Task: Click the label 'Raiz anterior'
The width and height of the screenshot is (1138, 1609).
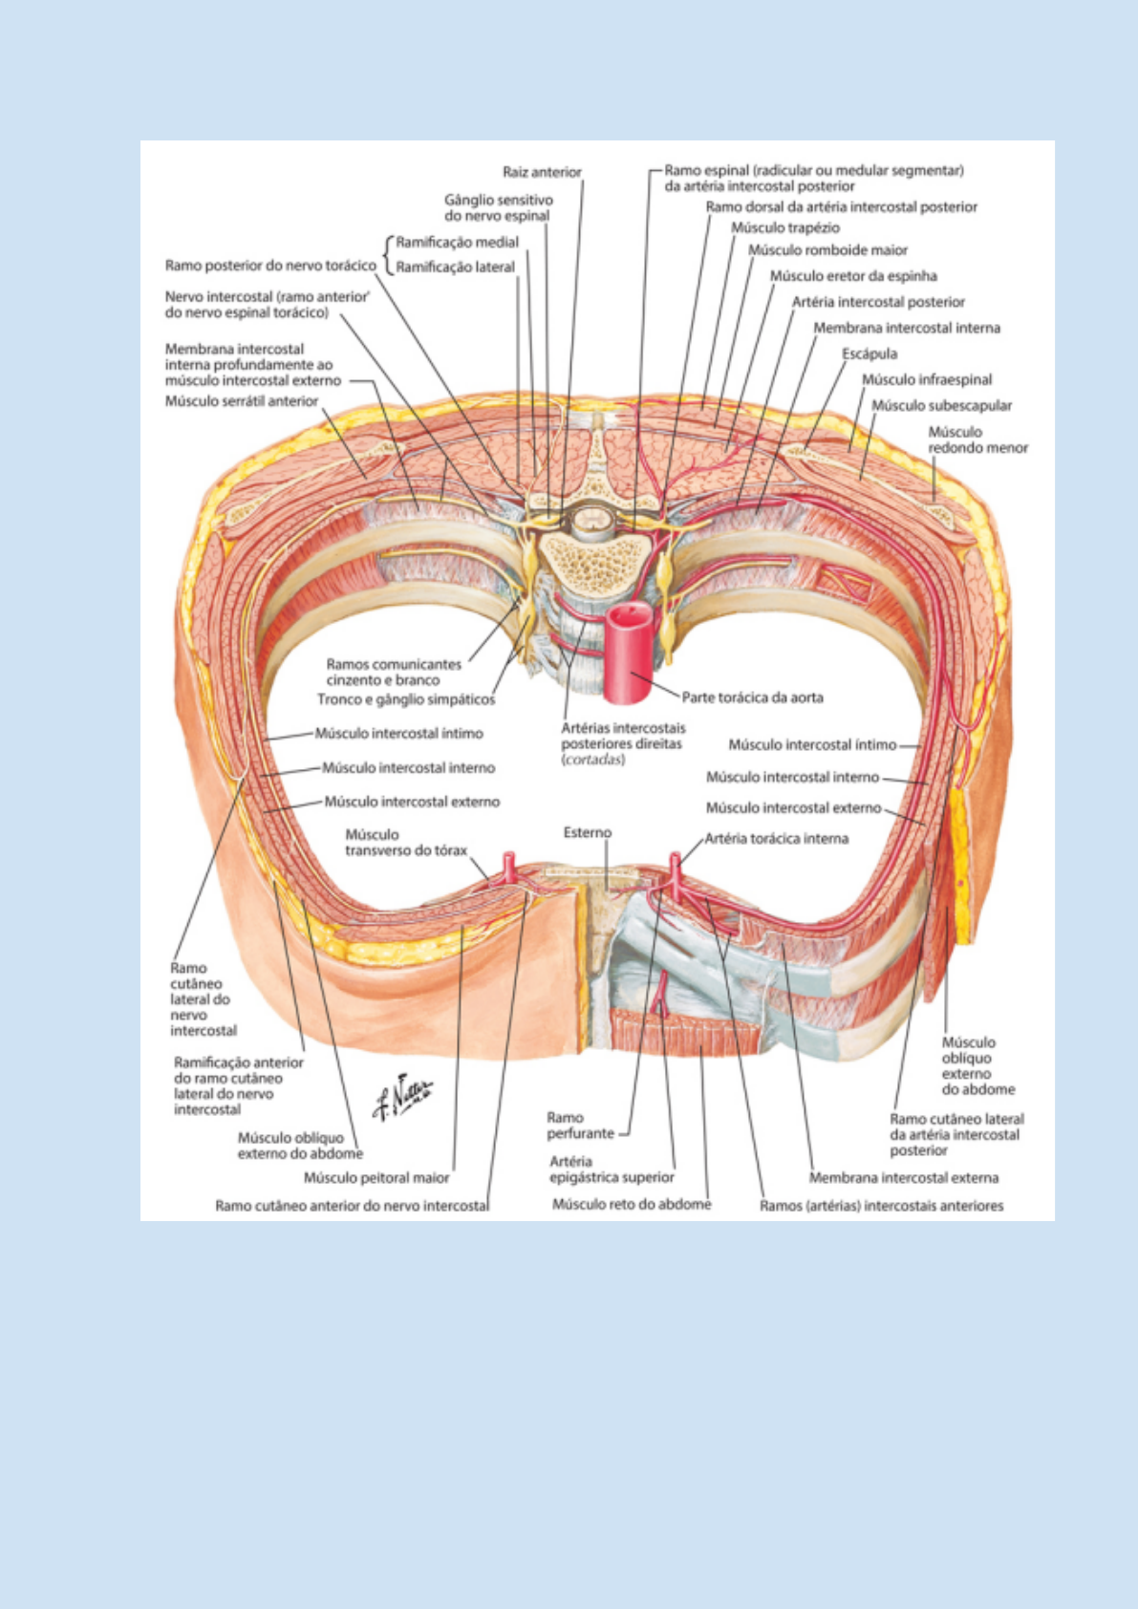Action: coord(542,172)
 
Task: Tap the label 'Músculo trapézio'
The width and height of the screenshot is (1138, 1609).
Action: coord(784,227)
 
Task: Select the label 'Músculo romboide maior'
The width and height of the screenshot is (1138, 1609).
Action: coord(827,250)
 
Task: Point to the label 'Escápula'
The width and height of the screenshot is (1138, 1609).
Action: coord(869,354)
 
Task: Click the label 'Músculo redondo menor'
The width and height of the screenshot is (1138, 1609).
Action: coord(977,440)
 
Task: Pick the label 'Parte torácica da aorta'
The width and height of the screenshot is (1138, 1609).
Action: coord(752,697)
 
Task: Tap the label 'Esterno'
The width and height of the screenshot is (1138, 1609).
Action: coord(587,832)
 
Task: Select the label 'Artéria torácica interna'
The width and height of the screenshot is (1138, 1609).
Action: coord(776,839)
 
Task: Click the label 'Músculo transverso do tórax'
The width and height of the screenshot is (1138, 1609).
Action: coord(406,843)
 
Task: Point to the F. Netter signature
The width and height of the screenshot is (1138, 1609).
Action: coord(402,1095)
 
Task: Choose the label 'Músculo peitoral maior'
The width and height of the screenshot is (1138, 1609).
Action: coord(376,1178)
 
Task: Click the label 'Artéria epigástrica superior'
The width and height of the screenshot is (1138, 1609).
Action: coord(612,1169)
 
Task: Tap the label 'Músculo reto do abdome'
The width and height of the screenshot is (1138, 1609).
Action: coord(632,1205)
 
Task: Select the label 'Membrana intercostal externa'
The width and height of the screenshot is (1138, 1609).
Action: coord(903,1178)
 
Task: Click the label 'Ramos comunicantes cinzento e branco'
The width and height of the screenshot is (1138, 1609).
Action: coord(393,672)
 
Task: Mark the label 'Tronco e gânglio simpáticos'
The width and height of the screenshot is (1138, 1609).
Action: coord(406,699)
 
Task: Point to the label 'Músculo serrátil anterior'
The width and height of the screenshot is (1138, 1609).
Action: coord(241,401)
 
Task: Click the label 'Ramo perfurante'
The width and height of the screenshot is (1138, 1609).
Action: coord(580,1126)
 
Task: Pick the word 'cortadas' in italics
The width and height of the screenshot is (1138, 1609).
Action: coord(593,760)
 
